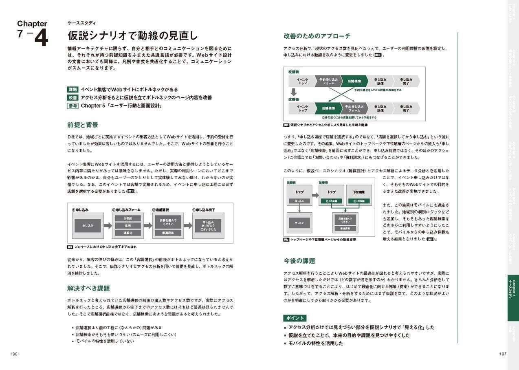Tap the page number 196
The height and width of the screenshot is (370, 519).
pos(13,354)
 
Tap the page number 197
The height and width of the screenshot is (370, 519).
pos(502,354)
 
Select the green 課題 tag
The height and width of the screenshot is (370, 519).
pos(73,90)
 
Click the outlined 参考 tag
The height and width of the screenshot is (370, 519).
pos(73,106)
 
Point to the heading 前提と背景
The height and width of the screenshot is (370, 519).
pos(83,125)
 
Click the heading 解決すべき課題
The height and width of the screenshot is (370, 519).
pos(88,289)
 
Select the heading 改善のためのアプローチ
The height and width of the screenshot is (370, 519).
pos(317,36)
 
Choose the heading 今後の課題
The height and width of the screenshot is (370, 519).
pos(299,261)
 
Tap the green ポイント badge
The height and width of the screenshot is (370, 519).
pos(295,318)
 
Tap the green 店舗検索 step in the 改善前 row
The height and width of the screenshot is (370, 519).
pos(353,81)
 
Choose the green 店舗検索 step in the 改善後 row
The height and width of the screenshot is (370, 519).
pos(328,108)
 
